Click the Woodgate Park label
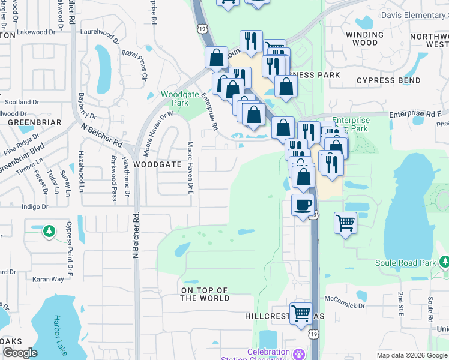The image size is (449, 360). click(x=175, y=98)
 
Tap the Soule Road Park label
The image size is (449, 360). click(x=406, y=263)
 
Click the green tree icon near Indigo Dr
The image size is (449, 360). click(x=49, y=231)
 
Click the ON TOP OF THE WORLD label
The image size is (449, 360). click(x=205, y=294)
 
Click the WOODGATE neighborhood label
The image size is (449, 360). click(x=157, y=164)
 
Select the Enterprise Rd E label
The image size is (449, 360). click(x=415, y=113)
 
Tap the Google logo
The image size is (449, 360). click(x=20, y=353)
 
